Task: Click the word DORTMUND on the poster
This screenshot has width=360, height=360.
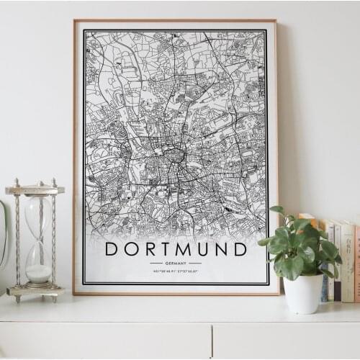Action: tap(176, 249)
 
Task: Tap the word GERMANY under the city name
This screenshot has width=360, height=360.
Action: tap(176, 264)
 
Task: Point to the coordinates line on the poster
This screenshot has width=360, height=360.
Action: tap(176, 271)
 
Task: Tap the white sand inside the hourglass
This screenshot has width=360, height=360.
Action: tap(38, 273)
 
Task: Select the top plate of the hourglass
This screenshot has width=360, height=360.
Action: tap(35, 190)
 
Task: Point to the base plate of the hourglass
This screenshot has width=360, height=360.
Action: tap(35, 292)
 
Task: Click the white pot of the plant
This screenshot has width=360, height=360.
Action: tap(303, 293)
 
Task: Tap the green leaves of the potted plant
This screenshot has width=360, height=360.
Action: tap(297, 248)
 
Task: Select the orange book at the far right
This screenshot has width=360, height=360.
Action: tap(356, 264)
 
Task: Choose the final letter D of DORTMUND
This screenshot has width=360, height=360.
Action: tap(240, 249)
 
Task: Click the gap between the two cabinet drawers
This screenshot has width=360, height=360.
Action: tap(212, 340)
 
